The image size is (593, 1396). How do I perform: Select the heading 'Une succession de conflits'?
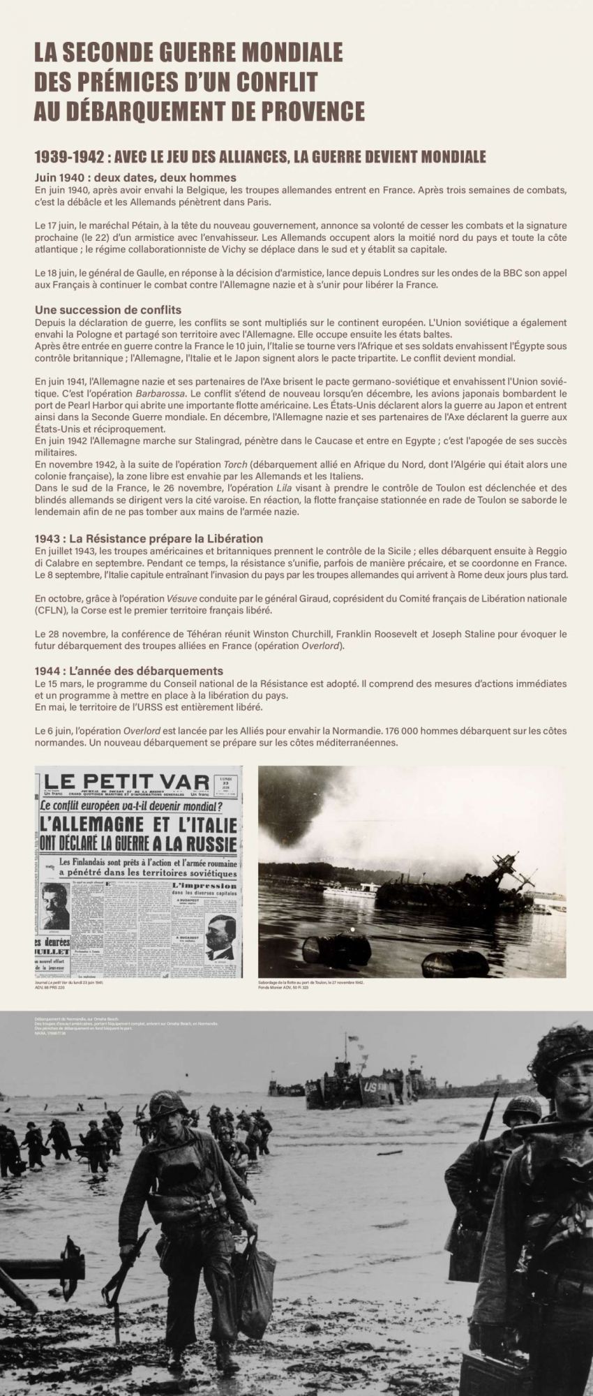(x=108, y=309)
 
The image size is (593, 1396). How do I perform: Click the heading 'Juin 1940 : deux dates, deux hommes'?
(x=135, y=177)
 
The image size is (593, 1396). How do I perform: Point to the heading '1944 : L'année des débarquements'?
(x=129, y=671)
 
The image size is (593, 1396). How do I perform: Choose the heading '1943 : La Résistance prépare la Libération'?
(x=149, y=538)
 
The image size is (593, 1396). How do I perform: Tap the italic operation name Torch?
(x=235, y=464)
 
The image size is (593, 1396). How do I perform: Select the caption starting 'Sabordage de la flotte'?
(x=311, y=982)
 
